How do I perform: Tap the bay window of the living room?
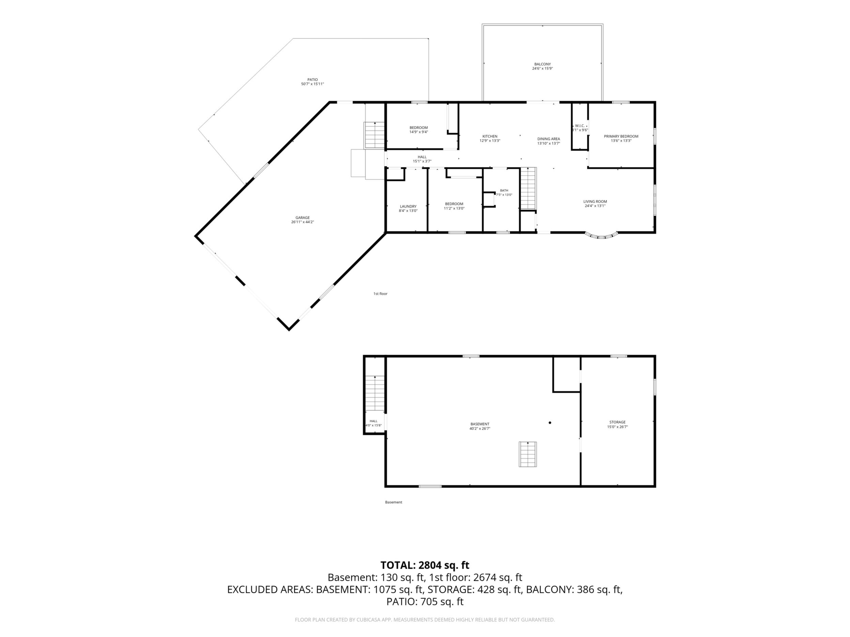tap(601, 236)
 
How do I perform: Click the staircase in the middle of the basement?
tap(528, 454)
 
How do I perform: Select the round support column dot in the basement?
tap(550, 423)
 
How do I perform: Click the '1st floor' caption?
tap(380, 294)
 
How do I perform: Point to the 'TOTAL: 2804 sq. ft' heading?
tap(425, 565)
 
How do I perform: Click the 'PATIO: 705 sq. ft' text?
tap(425, 602)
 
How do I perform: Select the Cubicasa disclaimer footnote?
tap(425, 620)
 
